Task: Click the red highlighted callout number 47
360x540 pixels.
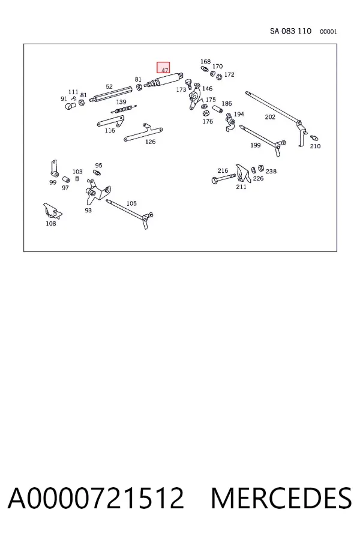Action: [x=165, y=70]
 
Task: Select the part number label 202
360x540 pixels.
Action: [x=270, y=117]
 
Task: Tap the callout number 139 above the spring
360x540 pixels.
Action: [x=121, y=102]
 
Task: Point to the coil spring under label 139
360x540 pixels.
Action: [x=124, y=109]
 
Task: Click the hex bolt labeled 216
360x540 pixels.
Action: [x=224, y=179]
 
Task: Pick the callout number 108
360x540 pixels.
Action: [x=50, y=224]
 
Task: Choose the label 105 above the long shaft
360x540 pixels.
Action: [x=131, y=203]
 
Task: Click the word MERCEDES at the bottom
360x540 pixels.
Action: [x=281, y=498]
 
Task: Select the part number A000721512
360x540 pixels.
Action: [x=96, y=498]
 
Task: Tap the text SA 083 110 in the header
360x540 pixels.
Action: [x=290, y=31]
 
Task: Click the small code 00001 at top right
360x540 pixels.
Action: [x=328, y=32]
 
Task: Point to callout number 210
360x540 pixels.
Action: [x=315, y=146]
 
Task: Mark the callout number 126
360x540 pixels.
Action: [x=150, y=142]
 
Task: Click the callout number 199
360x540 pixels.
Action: [x=255, y=145]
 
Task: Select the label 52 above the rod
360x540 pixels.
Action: [x=109, y=86]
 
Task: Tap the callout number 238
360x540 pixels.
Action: [x=271, y=171]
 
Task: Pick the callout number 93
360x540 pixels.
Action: [x=88, y=210]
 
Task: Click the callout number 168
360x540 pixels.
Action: [x=205, y=62]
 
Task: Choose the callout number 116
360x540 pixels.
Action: [x=110, y=131]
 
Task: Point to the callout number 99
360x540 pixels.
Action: [x=53, y=182]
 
